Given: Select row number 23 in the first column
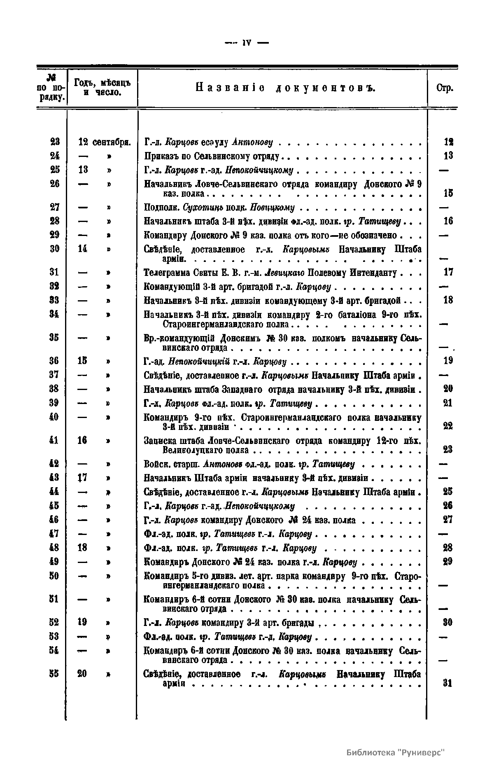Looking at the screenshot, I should tap(55, 142).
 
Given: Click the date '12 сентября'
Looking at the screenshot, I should tap(105, 142).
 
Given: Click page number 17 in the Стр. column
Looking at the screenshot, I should tap(448, 272).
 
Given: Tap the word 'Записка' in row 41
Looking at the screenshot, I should tap(157, 441).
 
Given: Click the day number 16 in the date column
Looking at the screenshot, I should tap(82, 440).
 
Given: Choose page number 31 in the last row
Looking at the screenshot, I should tap(448, 683).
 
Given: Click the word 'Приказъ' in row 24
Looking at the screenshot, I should tap(159, 156).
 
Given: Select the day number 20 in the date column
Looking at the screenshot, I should tap(82, 674).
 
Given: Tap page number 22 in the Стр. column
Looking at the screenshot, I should tap(448, 426).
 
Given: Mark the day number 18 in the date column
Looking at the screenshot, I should tap(82, 548).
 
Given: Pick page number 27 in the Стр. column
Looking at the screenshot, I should tap(448, 520).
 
